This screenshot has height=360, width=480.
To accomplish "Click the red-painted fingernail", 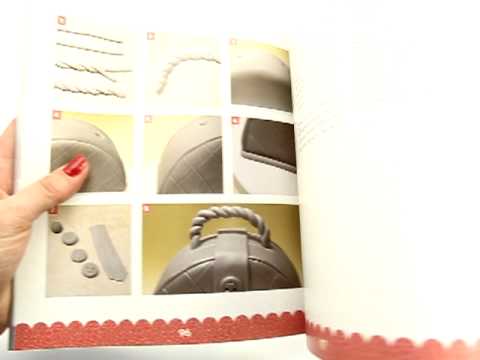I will pos(75,166).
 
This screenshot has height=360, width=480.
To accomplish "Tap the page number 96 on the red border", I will pos(184,333).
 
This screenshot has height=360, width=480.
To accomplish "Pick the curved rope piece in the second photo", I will pos(185,71).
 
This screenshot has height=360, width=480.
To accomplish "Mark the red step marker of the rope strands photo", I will pos(61,20).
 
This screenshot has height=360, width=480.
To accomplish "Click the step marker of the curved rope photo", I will pos(151,36).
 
